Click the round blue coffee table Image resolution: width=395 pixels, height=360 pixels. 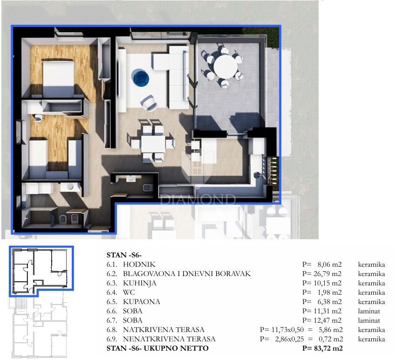pyautogui.click(x=140, y=77)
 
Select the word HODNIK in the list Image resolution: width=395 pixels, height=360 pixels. pyautogui.click(x=139, y=264)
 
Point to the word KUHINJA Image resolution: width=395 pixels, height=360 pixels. pyautogui.click(x=140, y=283)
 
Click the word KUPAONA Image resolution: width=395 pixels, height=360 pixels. pyautogui.click(x=142, y=302)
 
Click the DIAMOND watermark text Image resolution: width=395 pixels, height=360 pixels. pyautogui.click(x=197, y=200)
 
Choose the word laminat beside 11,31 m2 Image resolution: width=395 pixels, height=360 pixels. pyautogui.click(x=368, y=311)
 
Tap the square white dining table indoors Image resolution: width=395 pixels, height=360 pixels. pyautogui.click(x=153, y=142)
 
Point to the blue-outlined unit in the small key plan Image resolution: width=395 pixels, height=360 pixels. pyautogui.click(x=41, y=270)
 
